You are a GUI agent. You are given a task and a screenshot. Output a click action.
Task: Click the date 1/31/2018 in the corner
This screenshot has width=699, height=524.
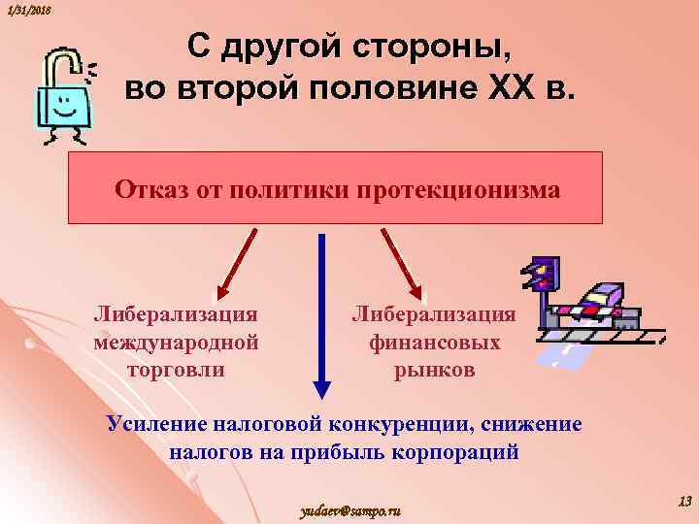click(x=27, y=9)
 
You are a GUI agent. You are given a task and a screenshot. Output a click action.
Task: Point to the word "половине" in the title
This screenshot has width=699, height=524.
click(x=384, y=88)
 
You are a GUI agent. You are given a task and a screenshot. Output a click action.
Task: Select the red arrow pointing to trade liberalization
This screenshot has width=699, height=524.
click(x=236, y=262)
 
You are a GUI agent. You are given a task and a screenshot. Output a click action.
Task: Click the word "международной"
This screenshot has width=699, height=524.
click(x=176, y=342)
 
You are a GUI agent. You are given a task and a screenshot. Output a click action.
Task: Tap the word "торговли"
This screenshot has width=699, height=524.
click(x=176, y=369)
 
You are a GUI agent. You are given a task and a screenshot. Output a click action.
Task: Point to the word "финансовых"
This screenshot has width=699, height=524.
click(x=434, y=342)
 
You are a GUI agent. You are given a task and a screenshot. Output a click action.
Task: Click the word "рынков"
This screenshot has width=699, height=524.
click(x=434, y=369)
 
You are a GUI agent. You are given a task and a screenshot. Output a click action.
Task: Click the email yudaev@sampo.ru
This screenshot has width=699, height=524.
click(x=351, y=510)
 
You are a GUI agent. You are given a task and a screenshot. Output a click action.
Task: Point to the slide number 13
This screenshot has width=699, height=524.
click(x=683, y=501)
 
